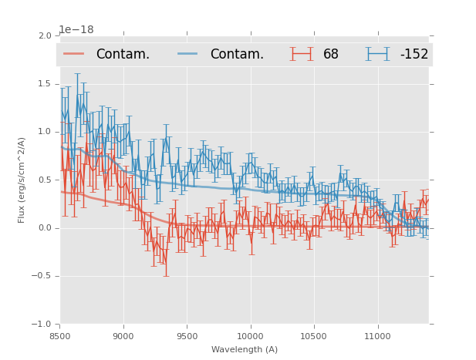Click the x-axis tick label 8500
(x=59, y=335)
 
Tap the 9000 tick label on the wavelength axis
(x=123, y=335)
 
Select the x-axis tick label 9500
(x=187, y=335)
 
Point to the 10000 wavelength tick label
(x=250, y=335)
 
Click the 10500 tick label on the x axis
(x=313, y=335)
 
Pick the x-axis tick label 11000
(x=377, y=335)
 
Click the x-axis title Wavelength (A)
(x=245, y=349)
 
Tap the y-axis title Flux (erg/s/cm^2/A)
(x=22, y=180)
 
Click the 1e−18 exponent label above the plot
(x=76, y=30)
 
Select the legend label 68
(x=331, y=55)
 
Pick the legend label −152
(x=414, y=55)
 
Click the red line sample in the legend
(x=74, y=54)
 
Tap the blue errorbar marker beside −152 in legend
(x=377, y=54)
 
